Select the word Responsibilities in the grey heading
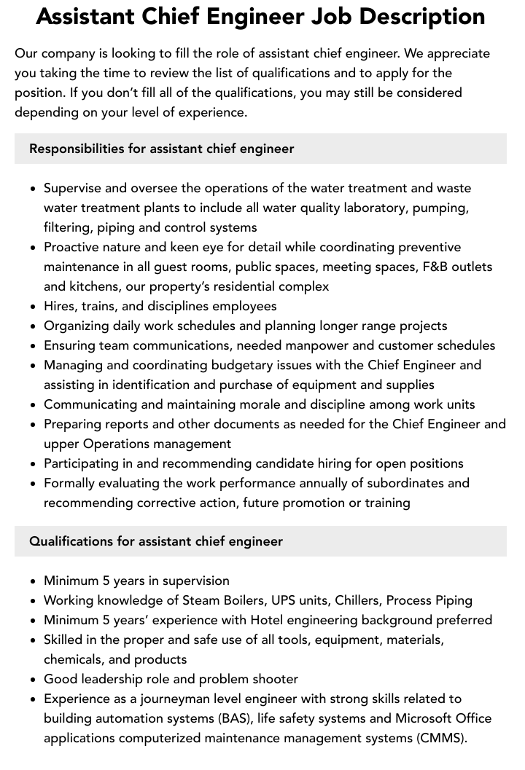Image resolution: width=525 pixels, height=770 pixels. [x=77, y=149]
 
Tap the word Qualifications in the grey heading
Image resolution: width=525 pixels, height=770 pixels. [x=71, y=541]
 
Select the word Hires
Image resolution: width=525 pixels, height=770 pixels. [x=60, y=306]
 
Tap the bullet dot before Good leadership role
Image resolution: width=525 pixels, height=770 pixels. [x=34, y=680]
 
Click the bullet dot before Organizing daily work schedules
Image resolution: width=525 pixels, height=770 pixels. [x=34, y=326]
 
